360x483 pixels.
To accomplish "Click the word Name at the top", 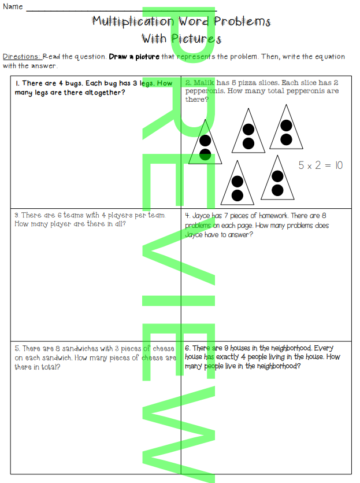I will pos(13,6).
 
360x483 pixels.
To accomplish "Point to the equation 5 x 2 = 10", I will pos(320,165).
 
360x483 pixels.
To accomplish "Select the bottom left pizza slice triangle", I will pos(237,184).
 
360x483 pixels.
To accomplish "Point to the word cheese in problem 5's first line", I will pos(164,348).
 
